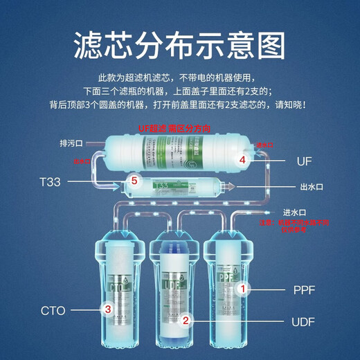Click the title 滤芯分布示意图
click(179, 46)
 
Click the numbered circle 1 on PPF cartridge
click(242, 287)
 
